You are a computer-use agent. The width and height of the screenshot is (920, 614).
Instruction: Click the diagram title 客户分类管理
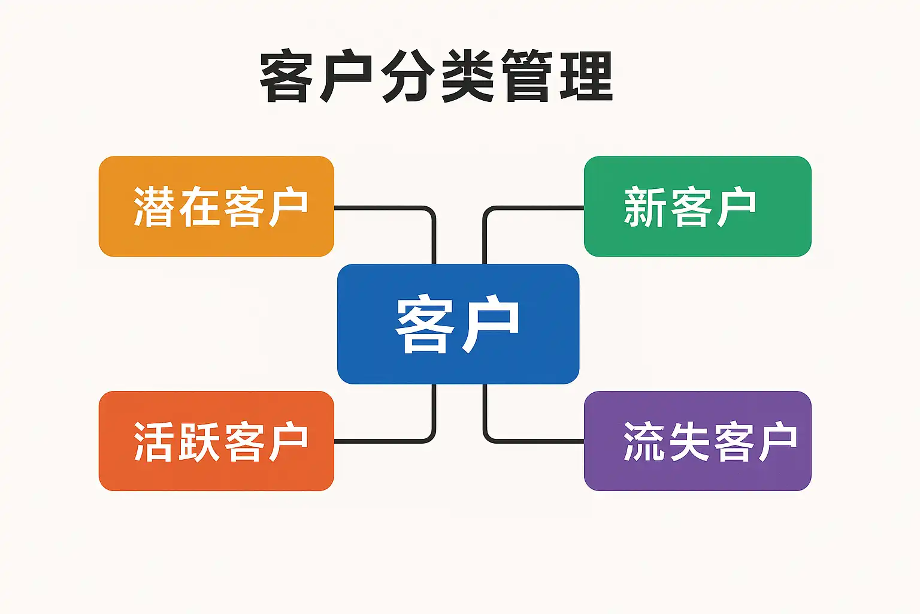pyautogui.click(x=437, y=77)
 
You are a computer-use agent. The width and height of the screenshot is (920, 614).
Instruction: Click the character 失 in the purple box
pyautogui.click(x=689, y=441)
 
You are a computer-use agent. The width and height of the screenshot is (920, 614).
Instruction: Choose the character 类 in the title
pyautogui.click(x=467, y=77)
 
